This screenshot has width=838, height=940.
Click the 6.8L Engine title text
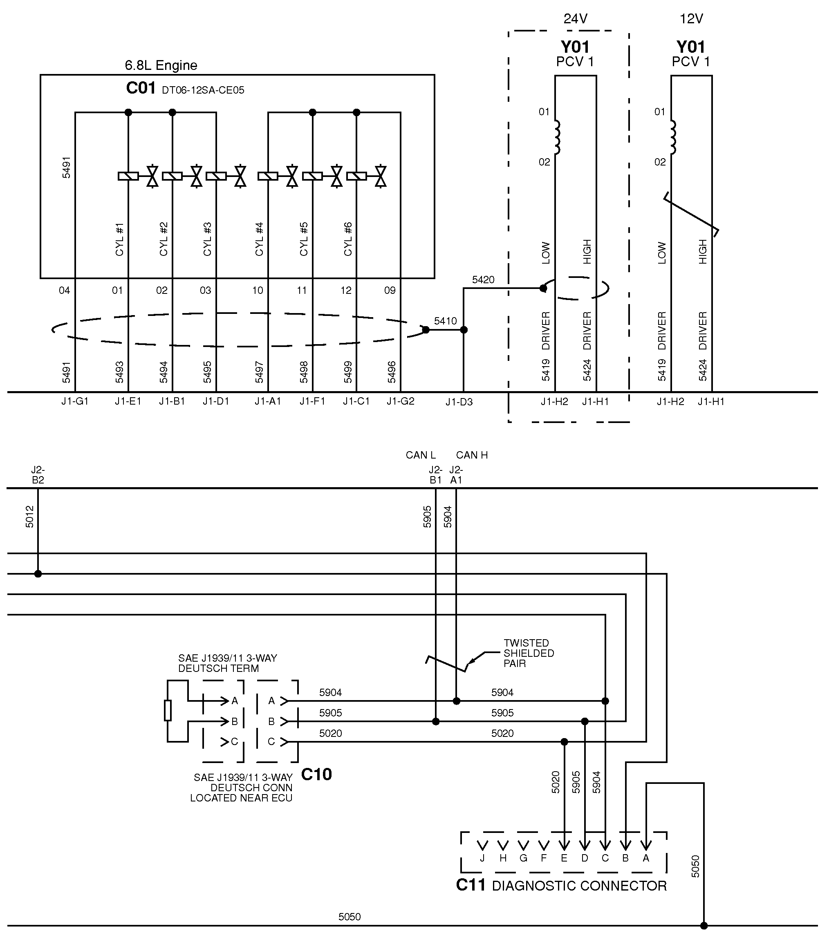tap(161, 65)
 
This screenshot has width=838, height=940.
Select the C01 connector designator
tap(141, 88)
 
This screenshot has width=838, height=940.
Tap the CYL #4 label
tap(259, 239)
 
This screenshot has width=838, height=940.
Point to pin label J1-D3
tap(459, 402)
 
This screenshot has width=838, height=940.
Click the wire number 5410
tap(445, 321)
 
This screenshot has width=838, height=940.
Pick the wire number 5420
tap(483, 280)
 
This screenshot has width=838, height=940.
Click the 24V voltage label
tap(576, 18)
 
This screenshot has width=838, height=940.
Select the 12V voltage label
tap(691, 18)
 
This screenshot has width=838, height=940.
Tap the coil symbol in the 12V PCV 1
tap(674, 137)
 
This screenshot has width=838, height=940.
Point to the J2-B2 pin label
tap(38, 474)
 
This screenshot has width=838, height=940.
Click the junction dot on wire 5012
tap(38, 573)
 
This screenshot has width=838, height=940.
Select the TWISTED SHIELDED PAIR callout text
tap(528, 653)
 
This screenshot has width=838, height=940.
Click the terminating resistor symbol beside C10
tap(168, 710)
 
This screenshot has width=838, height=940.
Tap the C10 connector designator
tap(316, 774)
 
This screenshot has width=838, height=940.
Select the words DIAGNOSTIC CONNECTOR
tap(579, 886)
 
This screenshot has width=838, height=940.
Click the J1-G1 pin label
tap(75, 401)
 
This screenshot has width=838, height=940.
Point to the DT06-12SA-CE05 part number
tap(203, 90)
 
